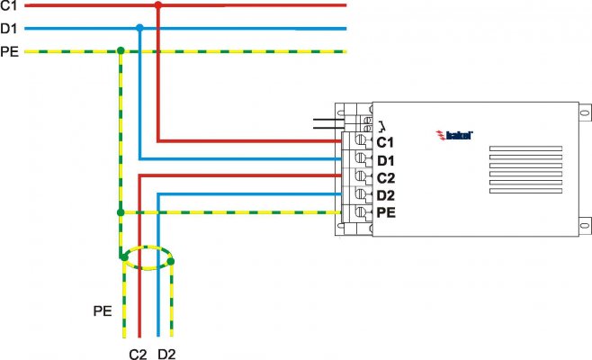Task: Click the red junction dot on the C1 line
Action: (158, 5)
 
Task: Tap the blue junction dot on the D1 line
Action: (139, 28)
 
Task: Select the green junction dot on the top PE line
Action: (121, 50)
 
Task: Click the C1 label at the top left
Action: (9, 5)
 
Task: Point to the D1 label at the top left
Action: (9, 28)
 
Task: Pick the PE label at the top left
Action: (9, 51)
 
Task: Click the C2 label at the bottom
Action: (138, 355)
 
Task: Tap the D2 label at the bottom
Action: (166, 355)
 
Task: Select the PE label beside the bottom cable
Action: (103, 311)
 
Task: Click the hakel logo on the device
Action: (454, 135)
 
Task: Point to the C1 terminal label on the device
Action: (385, 142)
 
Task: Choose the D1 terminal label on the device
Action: (385, 160)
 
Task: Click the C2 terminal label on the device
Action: (386, 178)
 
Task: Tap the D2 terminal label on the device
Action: (386, 195)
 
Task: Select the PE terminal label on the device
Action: (386, 212)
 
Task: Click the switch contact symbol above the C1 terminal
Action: (381, 125)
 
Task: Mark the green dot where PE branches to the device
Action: (121, 212)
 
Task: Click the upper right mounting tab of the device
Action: (585, 112)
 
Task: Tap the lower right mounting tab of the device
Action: (585, 226)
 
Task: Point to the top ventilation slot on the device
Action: (525, 148)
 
